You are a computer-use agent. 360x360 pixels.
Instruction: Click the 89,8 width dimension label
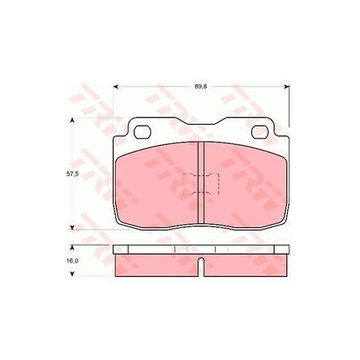(201, 86)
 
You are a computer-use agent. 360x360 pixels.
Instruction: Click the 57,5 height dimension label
(72, 174)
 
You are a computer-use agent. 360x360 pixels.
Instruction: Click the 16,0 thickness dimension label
(72, 261)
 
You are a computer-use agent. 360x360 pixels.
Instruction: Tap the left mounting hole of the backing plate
(142, 132)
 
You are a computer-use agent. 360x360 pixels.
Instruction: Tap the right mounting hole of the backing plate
(260, 132)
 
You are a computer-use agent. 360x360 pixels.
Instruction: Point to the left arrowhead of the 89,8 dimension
(116, 86)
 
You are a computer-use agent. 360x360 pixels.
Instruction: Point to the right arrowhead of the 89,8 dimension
(286, 86)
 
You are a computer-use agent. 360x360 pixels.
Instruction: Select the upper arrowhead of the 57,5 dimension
(72, 120)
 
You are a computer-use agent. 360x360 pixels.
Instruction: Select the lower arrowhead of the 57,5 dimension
(72, 227)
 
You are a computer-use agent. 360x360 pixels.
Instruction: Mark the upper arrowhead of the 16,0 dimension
(72, 248)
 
